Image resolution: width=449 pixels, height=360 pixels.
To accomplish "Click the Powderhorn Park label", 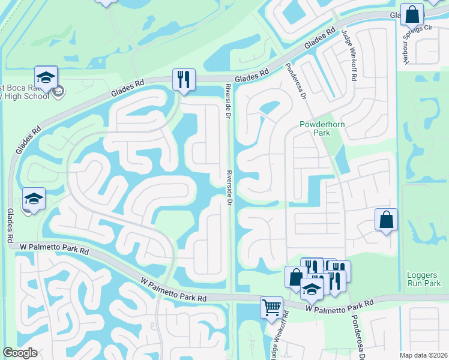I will (316, 128).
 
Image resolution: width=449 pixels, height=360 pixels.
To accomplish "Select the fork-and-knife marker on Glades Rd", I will (184, 79).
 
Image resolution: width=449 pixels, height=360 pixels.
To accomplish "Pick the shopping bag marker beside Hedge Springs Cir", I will (412, 14).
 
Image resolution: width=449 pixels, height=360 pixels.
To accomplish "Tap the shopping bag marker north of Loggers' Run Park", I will (387, 219).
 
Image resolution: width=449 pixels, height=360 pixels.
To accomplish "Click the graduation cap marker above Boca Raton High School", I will (46, 76).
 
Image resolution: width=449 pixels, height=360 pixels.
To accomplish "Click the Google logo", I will (20, 353).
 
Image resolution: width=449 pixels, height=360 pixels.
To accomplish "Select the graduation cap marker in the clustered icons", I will (312, 289).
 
